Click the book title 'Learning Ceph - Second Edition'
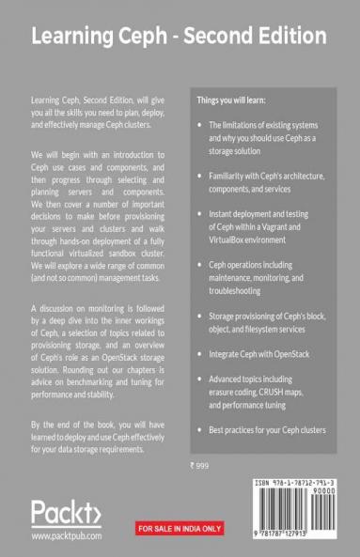pos(180,36)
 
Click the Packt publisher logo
pos(67,515)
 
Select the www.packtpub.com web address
pos(67,537)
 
